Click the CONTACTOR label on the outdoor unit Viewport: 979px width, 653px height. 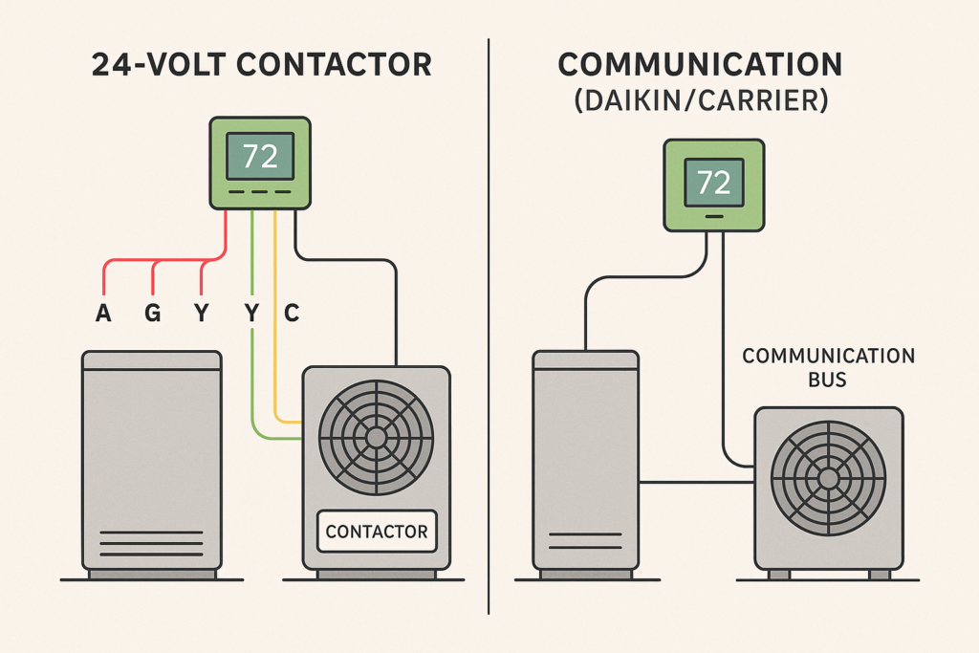[376, 532]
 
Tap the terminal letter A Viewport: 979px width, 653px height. [102, 314]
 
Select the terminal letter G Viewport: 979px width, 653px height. [152, 314]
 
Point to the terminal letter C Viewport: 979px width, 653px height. [291, 314]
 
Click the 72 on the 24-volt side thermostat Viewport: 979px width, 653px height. [260, 156]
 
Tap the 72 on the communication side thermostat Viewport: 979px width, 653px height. [714, 182]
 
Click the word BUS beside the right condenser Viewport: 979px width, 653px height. [828, 380]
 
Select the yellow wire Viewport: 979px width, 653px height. [275, 363]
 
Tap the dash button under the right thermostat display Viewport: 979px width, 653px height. [714, 216]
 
